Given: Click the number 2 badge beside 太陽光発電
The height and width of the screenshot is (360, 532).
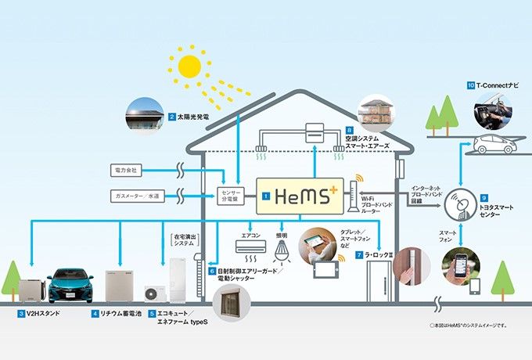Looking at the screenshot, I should coord(172,117).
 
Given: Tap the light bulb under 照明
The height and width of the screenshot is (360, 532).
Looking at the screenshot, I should coord(282,249).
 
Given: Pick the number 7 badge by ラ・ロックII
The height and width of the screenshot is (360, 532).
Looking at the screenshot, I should coord(358,256).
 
